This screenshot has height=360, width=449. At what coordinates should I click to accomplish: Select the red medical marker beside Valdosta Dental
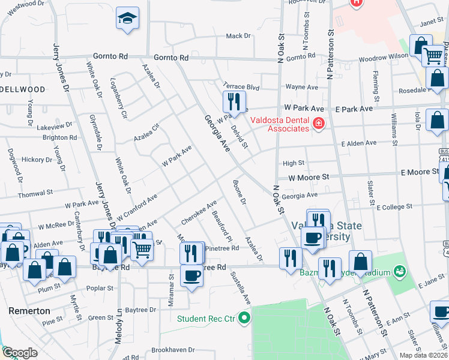point(318,124)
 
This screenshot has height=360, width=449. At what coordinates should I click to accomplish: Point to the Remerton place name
point(29,311)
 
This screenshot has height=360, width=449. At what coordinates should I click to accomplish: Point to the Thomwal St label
point(35,193)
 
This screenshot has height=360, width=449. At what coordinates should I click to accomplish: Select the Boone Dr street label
point(239,192)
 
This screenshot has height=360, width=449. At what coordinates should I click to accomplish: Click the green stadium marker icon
point(400,272)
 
